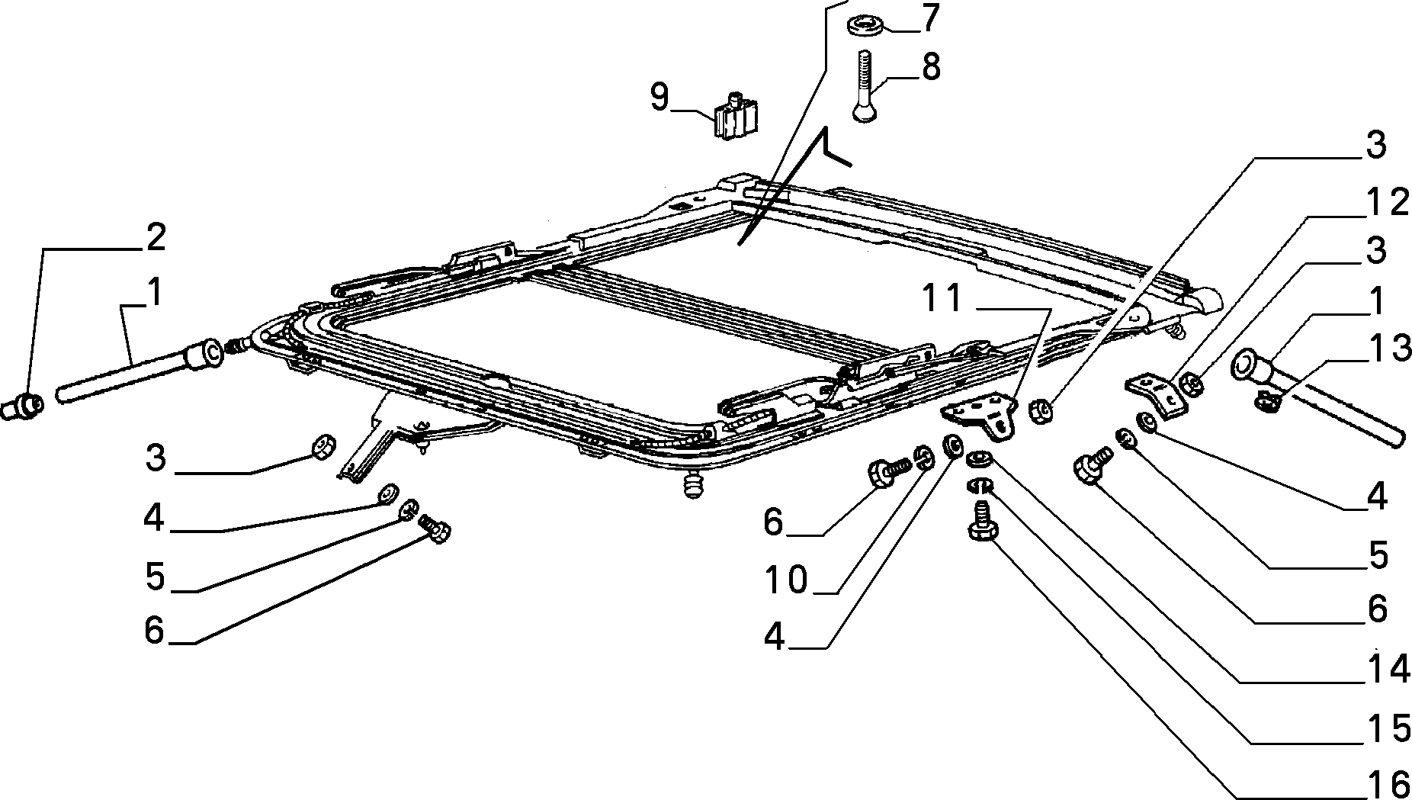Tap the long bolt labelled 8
coord(864,85)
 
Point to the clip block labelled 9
coord(201,117)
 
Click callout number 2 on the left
coord(155,238)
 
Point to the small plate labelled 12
coord(1157,394)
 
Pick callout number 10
coord(787,581)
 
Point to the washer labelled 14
coord(978,459)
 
